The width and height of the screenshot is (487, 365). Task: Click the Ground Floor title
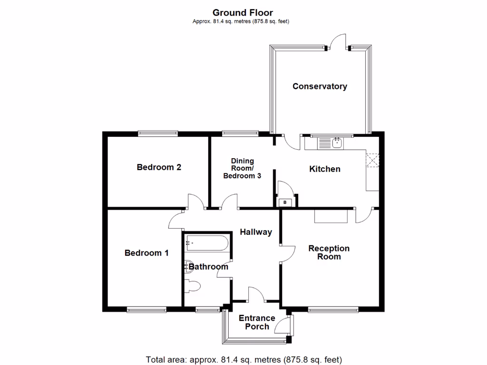(x=243, y=13)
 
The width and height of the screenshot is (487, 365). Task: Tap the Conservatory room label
(x=320, y=86)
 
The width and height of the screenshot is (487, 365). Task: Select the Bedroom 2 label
(x=159, y=167)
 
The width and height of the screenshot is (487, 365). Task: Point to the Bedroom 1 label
(x=146, y=253)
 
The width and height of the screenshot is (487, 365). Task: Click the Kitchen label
(x=324, y=169)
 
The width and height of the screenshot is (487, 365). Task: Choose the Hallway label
(x=256, y=232)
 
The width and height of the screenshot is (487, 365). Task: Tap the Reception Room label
(x=329, y=252)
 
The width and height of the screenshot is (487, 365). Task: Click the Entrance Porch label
(x=257, y=322)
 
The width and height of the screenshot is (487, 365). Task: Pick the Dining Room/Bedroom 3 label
(x=242, y=168)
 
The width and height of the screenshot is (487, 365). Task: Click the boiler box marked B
(x=285, y=202)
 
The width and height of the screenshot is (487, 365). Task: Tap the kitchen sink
(x=337, y=143)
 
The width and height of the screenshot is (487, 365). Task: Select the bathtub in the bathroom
(x=207, y=243)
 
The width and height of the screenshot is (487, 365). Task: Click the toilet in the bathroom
(x=192, y=286)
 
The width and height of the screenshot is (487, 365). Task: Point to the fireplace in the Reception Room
(x=331, y=216)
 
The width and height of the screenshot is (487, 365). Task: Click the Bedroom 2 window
(x=158, y=134)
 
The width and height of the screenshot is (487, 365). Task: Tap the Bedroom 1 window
(x=146, y=309)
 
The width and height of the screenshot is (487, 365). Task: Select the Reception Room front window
(x=333, y=309)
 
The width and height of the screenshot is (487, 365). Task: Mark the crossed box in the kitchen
(x=372, y=160)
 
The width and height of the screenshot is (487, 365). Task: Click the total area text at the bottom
(x=244, y=360)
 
